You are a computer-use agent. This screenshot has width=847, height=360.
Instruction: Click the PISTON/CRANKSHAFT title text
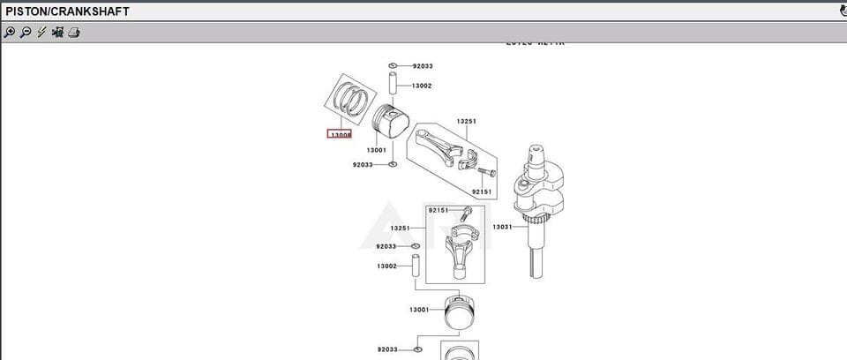(x=67, y=11)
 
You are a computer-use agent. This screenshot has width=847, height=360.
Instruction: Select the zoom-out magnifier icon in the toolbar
(x=26, y=33)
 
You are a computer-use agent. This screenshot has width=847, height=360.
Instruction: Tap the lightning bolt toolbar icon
(x=41, y=33)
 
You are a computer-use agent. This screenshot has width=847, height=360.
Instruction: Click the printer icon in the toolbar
(x=74, y=33)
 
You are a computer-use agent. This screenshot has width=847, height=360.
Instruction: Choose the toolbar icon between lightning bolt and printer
(x=57, y=33)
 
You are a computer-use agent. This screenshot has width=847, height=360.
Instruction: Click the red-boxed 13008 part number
(x=341, y=135)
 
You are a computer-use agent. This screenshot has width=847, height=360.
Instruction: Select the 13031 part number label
(x=502, y=227)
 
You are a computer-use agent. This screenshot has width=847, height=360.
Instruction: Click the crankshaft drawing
(x=538, y=199)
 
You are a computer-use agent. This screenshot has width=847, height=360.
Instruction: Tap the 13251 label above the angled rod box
(x=466, y=121)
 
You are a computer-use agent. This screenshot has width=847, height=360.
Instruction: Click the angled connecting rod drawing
(x=446, y=145)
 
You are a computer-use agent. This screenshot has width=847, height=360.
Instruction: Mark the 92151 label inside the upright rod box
(x=438, y=210)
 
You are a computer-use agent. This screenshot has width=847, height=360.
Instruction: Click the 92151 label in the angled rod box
(x=481, y=191)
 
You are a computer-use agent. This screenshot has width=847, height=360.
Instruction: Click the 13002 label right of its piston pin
(x=422, y=86)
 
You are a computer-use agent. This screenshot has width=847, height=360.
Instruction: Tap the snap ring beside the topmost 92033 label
(x=394, y=66)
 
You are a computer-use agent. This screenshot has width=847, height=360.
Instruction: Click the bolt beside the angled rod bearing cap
(x=491, y=172)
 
